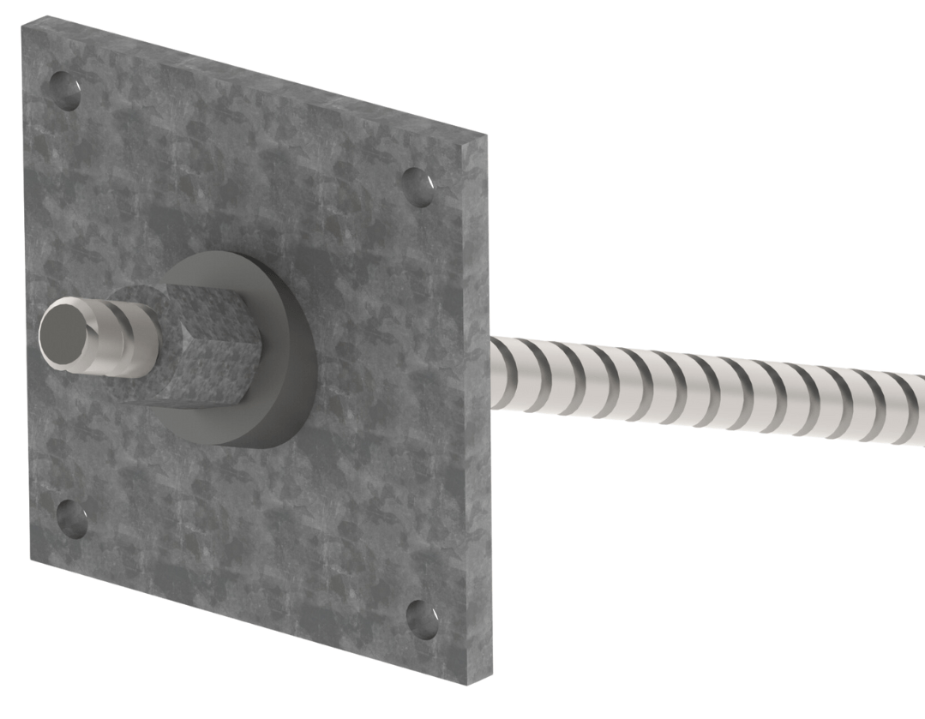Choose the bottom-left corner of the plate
tap(32, 557)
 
